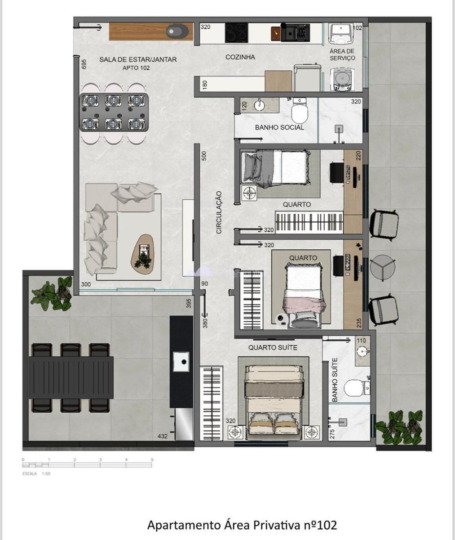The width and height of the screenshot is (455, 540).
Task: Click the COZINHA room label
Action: [240, 57]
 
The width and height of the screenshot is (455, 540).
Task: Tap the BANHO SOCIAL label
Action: [279, 127]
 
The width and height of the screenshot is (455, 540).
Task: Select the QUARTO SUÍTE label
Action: [273, 347]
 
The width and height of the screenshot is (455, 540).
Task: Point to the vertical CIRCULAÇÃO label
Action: [219, 212]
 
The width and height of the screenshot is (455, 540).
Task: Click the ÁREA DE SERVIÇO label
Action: [342, 55]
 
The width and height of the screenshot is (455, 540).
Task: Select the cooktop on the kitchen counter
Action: [236, 33]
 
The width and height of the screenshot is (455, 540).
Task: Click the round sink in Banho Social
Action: [260, 106]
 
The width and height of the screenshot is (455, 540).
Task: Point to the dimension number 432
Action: [163, 436]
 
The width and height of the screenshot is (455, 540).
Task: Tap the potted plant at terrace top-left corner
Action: [53, 294]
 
